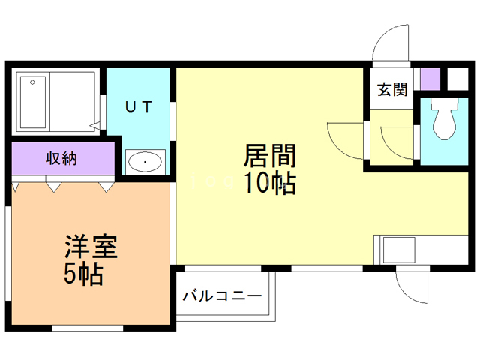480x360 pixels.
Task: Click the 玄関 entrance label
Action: (391, 89)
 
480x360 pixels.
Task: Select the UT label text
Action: (139, 106)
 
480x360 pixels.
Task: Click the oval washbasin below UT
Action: (144, 161)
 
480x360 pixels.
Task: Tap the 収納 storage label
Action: (63, 158)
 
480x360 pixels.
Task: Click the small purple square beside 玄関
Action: (430, 78)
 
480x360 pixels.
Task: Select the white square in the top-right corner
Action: (456, 78)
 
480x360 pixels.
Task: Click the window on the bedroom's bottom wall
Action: (88, 328)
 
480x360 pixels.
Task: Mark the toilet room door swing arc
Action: (397, 139)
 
